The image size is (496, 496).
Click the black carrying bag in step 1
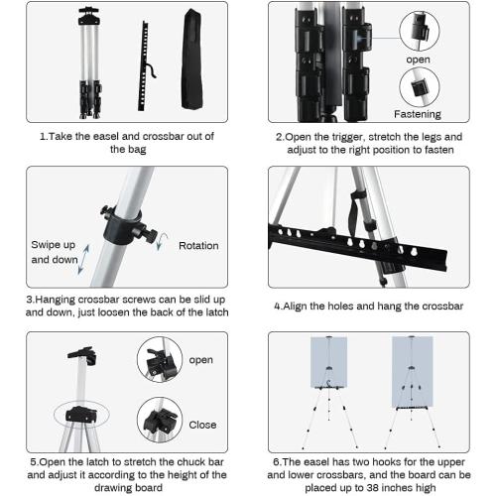point(191,60)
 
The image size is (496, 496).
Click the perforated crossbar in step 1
point(144,66)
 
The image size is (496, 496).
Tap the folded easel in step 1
point(89,62)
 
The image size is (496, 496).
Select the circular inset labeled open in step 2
point(420,31)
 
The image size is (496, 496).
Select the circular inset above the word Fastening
point(420,87)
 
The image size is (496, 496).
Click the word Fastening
point(418,114)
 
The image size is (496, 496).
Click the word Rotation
point(198,246)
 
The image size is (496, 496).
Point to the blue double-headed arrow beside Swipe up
point(83,260)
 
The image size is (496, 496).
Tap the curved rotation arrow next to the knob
point(161,241)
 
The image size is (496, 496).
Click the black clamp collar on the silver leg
point(127,226)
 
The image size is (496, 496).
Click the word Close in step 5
point(202,425)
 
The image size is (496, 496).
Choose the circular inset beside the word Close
point(160,420)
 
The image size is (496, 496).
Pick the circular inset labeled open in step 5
point(160,359)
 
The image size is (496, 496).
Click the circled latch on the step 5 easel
point(81,415)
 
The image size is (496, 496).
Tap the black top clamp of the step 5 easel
point(82,355)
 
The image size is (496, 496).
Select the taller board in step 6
point(412,372)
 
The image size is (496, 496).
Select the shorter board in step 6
point(328,362)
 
